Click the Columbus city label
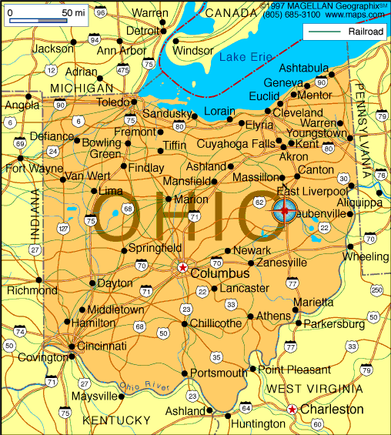(220, 273)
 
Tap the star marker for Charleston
(292, 410)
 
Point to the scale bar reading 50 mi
(45, 14)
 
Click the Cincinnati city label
(101, 346)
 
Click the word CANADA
(232, 13)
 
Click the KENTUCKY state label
(116, 420)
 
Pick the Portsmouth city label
(219, 373)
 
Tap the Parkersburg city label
(333, 324)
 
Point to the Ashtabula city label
(304, 68)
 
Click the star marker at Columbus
(182, 268)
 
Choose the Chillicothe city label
(216, 323)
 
